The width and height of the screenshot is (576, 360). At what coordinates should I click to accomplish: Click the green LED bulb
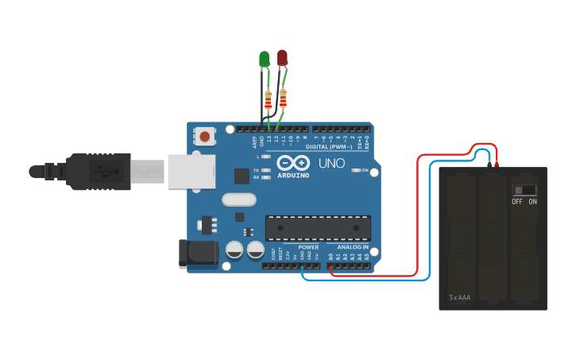(265, 59)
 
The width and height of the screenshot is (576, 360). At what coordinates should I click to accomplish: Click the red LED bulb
(283, 57)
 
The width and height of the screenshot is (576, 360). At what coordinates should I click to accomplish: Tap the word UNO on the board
(331, 164)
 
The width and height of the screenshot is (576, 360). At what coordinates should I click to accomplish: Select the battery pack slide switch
(524, 190)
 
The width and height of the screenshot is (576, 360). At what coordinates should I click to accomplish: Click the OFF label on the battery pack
(517, 202)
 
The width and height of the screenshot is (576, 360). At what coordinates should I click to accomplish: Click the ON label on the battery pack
(532, 202)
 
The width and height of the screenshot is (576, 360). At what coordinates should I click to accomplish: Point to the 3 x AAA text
(459, 298)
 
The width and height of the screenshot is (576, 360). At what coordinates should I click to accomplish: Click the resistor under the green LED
(269, 101)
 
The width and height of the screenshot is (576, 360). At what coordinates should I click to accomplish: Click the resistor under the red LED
(283, 100)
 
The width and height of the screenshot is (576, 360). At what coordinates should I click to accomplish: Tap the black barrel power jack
(199, 252)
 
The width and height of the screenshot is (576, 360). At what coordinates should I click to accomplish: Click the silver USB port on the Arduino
(191, 171)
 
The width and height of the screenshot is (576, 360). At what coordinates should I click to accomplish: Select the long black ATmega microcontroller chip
(318, 228)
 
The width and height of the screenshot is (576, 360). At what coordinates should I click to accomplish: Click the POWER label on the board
(308, 247)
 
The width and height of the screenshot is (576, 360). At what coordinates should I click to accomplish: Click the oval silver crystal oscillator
(239, 199)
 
